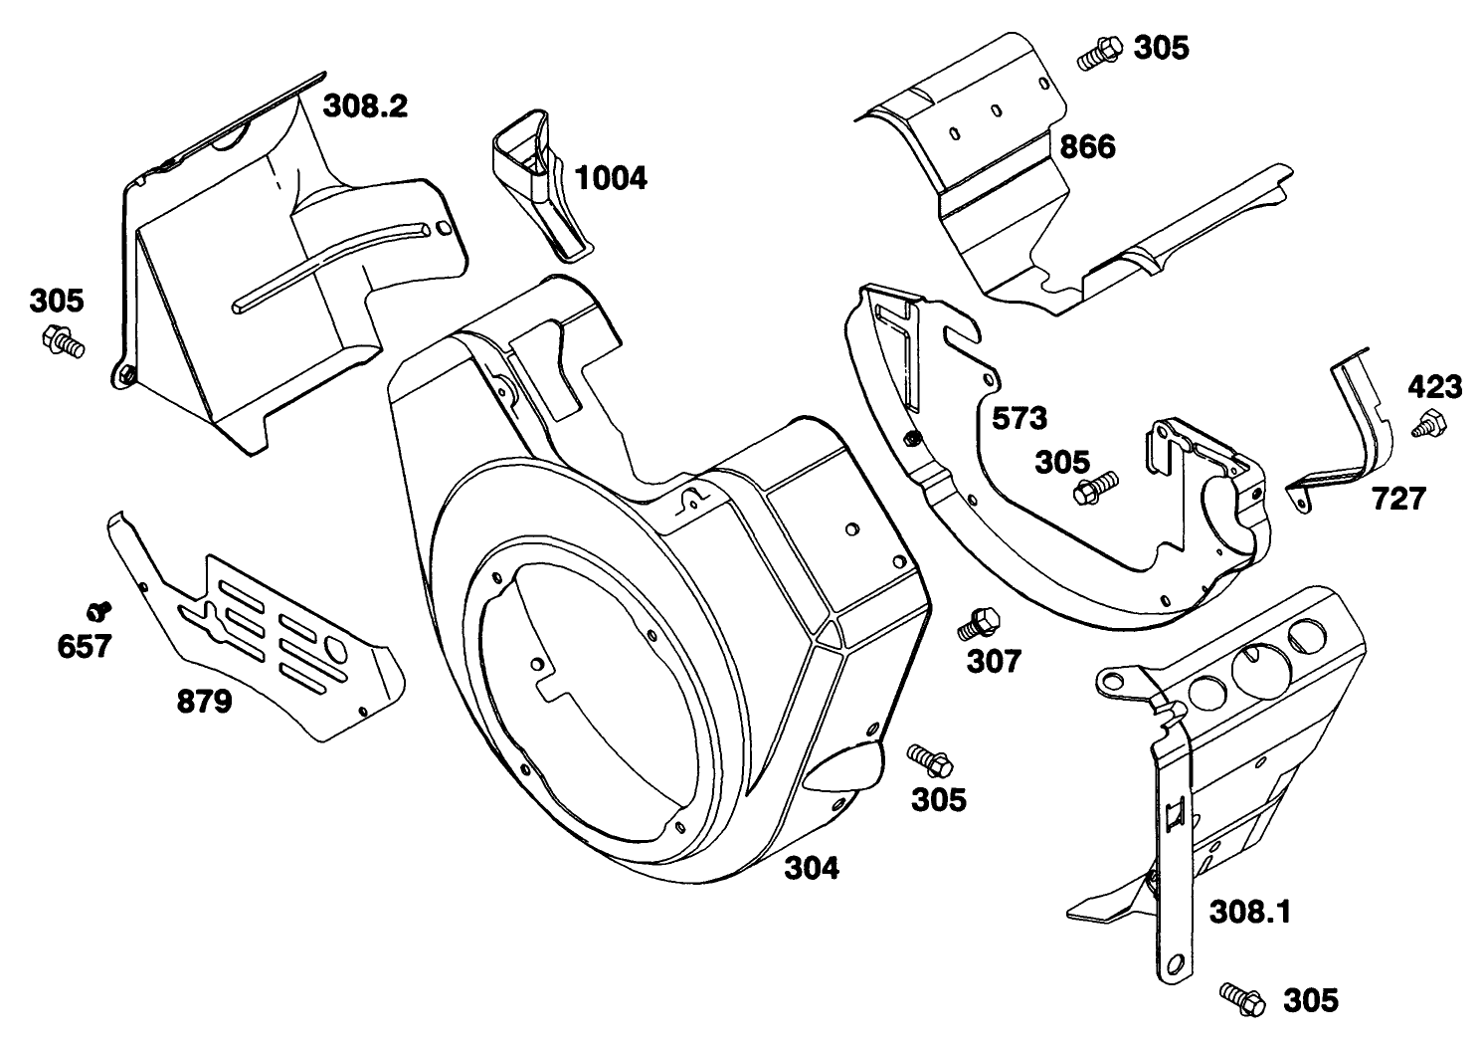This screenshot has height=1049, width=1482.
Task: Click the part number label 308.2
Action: pyautogui.click(x=365, y=105)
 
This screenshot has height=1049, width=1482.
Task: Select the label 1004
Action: pyautogui.click(x=613, y=178)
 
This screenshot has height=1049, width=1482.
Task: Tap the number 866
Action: pyautogui.click(x=1087, y=147)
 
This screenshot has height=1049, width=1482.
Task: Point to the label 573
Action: pyautogui.click(x=1019, y=418)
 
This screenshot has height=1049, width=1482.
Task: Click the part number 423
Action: pyautogui.click(x=1434, y=386)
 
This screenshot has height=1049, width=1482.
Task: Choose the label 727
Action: pyautogui.click(x=1398, y=499)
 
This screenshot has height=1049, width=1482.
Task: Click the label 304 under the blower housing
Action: pyautogui.click(x=812, y=868)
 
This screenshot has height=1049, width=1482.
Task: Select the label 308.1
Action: pyautogui.click(x=1249, y=911)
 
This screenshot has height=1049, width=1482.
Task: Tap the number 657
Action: pyautogui.click(x=84, y=646)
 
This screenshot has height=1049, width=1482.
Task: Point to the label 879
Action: pyautogui.click(x=205, y=702)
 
